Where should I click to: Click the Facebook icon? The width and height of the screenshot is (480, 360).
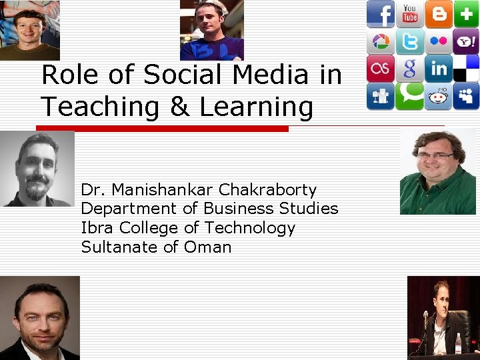click(x=381, y=14)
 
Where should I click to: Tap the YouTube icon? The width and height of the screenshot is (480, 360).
click(x=409, y=14)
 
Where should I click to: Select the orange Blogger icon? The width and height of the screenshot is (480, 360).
click(x=439, y=14)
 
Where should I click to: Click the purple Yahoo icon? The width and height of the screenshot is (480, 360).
click(x=467, y=41)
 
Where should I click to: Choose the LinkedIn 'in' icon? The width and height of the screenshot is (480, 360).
click(x=439, y=69)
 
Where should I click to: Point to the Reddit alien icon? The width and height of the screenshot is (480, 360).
click(x=439, y=96)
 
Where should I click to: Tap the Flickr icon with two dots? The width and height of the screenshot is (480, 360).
click(x=439, y=41)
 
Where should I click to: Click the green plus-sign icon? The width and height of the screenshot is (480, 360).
click(x=467, y=14)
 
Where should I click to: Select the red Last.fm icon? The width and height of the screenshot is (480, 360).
click(x=381, y=69)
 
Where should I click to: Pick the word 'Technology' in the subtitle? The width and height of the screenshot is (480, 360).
click(x=250, y=228)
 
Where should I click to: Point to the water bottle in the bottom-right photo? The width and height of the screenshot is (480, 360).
click(x=458, y=343)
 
